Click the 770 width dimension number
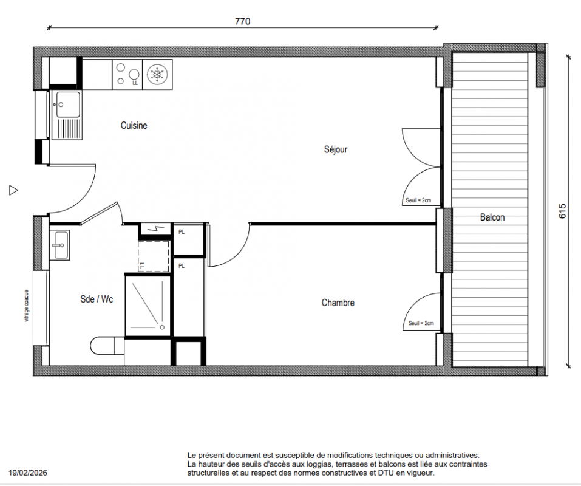coord(243,21)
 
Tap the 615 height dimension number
coord(562,211)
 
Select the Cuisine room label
coord(134,125)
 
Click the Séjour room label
coord(336,149)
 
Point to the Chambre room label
coord(338,303)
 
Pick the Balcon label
coord(492,217)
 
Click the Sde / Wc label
coord(97,299)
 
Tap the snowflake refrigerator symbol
coord(157,74)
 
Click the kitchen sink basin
coord(68,104)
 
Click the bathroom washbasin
coord(59,245)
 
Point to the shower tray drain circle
coord(162,327)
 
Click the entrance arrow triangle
coord(13,190)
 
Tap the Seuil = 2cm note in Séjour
coord(418,200)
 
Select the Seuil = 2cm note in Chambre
coord(421,323)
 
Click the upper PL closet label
coord(181,232)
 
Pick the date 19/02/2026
coord(28,473)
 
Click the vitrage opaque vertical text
coord(26,306)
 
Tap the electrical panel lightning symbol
coord(155,229)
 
